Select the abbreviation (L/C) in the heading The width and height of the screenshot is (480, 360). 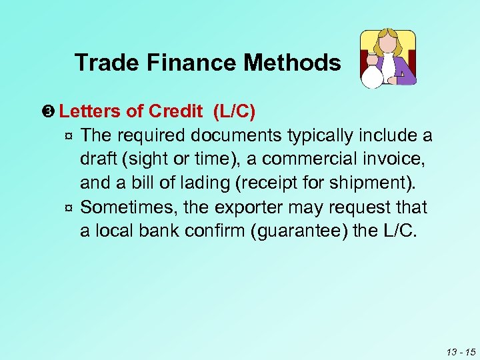tap(233, 111)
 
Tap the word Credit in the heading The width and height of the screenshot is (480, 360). tap(176, 111)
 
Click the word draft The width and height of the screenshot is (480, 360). tap(99, 159)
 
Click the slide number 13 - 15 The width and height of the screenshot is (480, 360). tap(461, 351)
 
